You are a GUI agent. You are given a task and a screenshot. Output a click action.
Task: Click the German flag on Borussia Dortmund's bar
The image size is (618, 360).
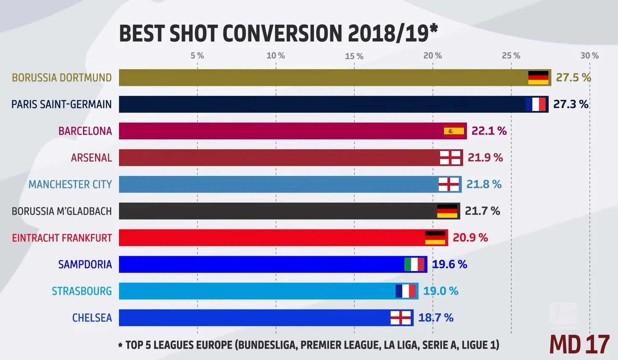tap(538, 78)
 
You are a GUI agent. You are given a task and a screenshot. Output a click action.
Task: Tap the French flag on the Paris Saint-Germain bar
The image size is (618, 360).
tap(535, 104)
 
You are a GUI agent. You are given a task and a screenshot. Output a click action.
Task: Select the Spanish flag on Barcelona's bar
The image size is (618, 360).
tap(454, 131)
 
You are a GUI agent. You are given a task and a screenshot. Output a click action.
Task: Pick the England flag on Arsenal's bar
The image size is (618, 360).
tap(450, 158)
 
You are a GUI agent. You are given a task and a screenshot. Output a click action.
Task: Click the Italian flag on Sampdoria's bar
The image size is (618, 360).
tap(414, 264)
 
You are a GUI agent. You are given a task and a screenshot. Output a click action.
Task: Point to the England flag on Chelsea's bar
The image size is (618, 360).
tap(400, 318)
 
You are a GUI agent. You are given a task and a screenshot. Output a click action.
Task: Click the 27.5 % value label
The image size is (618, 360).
tap(573, 78)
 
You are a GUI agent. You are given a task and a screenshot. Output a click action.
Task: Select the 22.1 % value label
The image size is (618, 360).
tap(489, 131)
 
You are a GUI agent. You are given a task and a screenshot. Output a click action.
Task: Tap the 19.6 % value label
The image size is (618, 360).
tap(449, 264)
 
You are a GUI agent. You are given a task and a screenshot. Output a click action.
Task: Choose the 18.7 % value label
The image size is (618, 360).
tap(436, 318)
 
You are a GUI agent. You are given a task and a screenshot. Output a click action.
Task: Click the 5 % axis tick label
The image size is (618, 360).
tap(197, 55)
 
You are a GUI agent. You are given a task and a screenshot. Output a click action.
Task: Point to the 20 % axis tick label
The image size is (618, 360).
tap(433, 55)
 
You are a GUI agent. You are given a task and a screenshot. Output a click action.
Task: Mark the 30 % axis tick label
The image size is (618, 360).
tap(589, 55)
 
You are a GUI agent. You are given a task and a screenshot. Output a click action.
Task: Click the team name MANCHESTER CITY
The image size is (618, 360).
tap(70, 184)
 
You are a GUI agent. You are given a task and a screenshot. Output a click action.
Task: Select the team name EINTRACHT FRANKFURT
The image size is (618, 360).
tap(62, 238)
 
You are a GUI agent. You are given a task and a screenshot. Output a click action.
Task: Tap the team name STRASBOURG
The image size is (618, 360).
tap(82, 291)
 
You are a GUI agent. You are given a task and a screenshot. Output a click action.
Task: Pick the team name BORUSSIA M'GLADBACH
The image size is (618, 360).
tap(62, 211)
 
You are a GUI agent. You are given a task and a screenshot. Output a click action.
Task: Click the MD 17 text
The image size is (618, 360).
tap(579, 344)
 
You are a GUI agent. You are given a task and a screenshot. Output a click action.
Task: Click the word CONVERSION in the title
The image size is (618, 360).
tap(282, 33)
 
